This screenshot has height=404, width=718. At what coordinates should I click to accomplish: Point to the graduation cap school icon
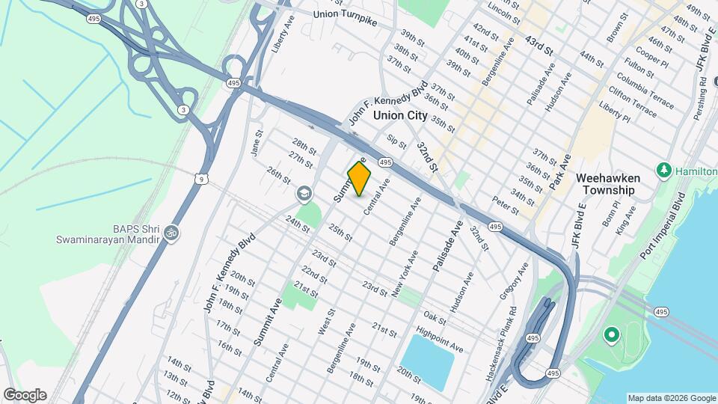(304, 195)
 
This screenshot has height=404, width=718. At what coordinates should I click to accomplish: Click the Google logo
(25, 395)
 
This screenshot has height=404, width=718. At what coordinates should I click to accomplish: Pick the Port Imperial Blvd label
(662, 227)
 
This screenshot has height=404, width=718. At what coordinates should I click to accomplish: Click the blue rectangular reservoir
(428, 362)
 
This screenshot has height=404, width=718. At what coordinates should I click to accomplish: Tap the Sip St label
(397, 141)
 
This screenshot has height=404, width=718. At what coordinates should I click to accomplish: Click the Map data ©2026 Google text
(672, 397)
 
